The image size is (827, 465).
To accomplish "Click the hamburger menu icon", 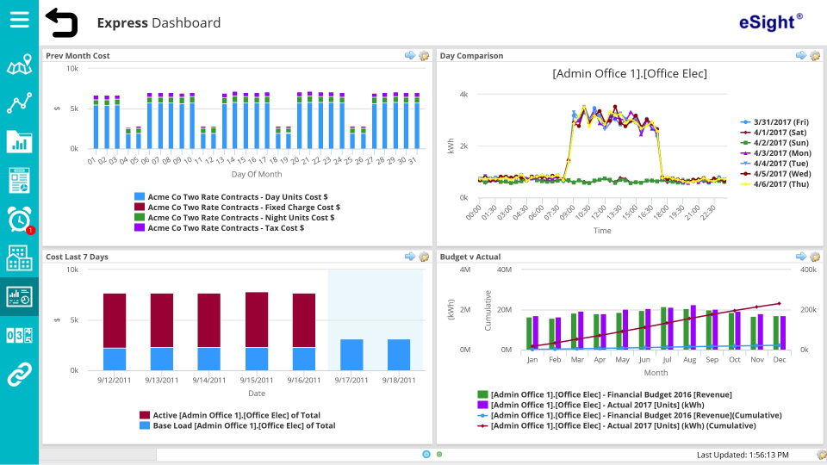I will pos(19,20).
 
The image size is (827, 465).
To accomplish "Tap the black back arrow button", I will pos(61,22).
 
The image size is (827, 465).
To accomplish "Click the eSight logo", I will pos(770,22).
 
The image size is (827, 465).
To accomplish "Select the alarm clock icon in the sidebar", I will pos(19,220).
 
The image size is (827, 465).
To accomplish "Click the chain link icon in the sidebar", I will pos(19,374).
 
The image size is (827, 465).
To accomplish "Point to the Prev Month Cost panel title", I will pos(78,56).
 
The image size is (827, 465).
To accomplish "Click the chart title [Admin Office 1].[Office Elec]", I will pos(629,74).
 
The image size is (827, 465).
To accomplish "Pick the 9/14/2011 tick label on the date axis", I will pos(208,380).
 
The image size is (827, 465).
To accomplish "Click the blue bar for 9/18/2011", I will pos(398,354).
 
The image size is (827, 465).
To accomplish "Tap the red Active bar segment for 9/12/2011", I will pos(115,320).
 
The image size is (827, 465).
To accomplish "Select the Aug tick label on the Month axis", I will pos(689,360).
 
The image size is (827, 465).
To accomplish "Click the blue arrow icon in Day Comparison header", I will pos(800,56).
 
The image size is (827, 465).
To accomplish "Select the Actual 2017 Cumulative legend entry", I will pos(623,425).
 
